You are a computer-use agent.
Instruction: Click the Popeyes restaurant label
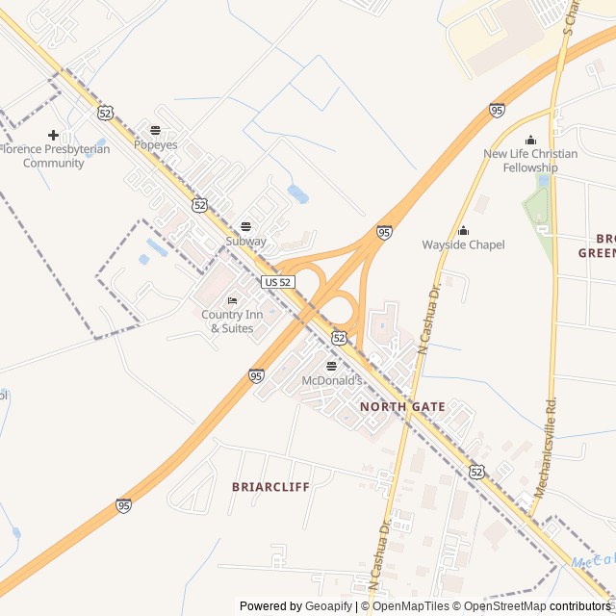click(156, 145)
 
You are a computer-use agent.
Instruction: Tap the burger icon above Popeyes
click(156, 130)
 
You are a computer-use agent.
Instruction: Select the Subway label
click(245, 241)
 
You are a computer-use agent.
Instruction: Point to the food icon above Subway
click(245, 226)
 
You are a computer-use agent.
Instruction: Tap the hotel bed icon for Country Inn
click(232, 301)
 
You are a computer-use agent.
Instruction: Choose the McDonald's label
click(332, 381)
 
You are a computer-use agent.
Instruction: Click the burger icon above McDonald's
click(332, 366)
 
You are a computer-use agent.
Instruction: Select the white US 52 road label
click(277, 281)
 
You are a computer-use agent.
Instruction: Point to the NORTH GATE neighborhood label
click(402, 407)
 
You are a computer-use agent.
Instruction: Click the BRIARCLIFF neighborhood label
click(270, 487)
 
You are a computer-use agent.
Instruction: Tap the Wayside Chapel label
click(463, 244)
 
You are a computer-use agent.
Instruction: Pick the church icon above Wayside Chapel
click(463, 230)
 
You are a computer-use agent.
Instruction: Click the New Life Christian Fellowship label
click(530, 161)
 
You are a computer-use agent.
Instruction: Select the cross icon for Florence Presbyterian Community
click(53, 135)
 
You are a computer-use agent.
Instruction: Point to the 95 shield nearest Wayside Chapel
click(384, 232)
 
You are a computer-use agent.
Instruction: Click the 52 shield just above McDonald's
click(339, 337)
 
